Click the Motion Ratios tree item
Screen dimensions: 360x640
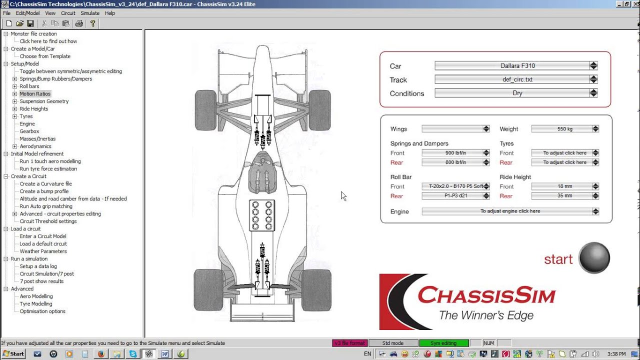click(x=35, y=93)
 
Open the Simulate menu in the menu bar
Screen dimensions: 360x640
click(x=90, y=13)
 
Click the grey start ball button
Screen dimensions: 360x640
click(x=594, y=258)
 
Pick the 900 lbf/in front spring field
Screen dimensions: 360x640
click(x=452, y=153)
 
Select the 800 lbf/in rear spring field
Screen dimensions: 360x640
click(x=452, y=162)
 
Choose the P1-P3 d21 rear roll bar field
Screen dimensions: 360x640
click(x=452, y=196)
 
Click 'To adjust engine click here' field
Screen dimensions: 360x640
click(x=507, y=211)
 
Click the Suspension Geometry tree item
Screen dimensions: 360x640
click(x=44, y=101)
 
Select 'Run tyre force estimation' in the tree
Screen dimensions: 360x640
click(x=48, y=168)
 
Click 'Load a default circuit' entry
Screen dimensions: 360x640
click(x=43, y=243)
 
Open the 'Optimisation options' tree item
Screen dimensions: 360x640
click(x=42, y=311)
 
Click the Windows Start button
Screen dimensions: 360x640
click(x=13, y=353)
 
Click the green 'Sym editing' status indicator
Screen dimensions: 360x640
click(x=443, y=343)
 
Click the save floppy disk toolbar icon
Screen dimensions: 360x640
click(x=30, y=23)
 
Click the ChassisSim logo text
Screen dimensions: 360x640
click(x=486, y=295)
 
